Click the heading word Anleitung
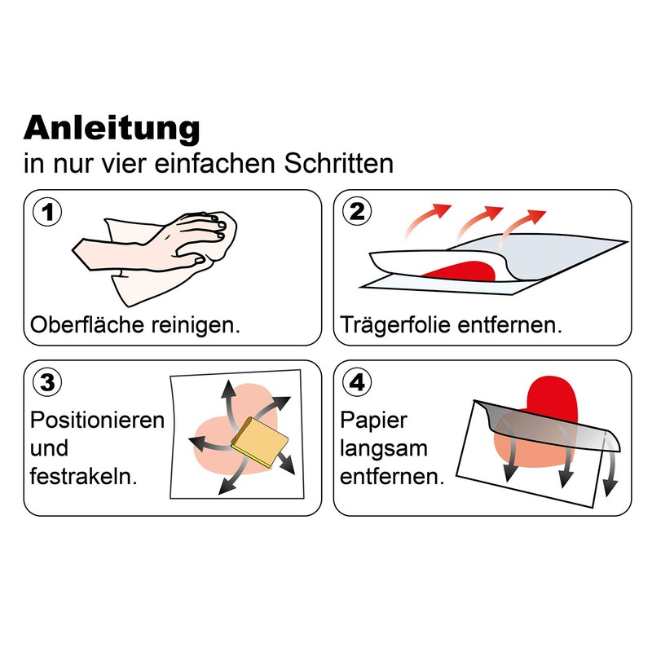[x=112, y=129]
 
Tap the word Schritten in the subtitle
[x=338, y=164]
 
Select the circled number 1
[x=47, y=212]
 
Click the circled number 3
[x=47, y=382]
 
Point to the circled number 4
[x=357, y=382]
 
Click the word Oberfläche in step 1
[x=88, y=324]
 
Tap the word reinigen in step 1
[x=196, y=325]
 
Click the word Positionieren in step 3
[x=97, y=420]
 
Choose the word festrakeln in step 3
[x=83, y=476]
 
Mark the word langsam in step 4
[x=383, y=449]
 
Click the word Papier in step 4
[x=373, y=421]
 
